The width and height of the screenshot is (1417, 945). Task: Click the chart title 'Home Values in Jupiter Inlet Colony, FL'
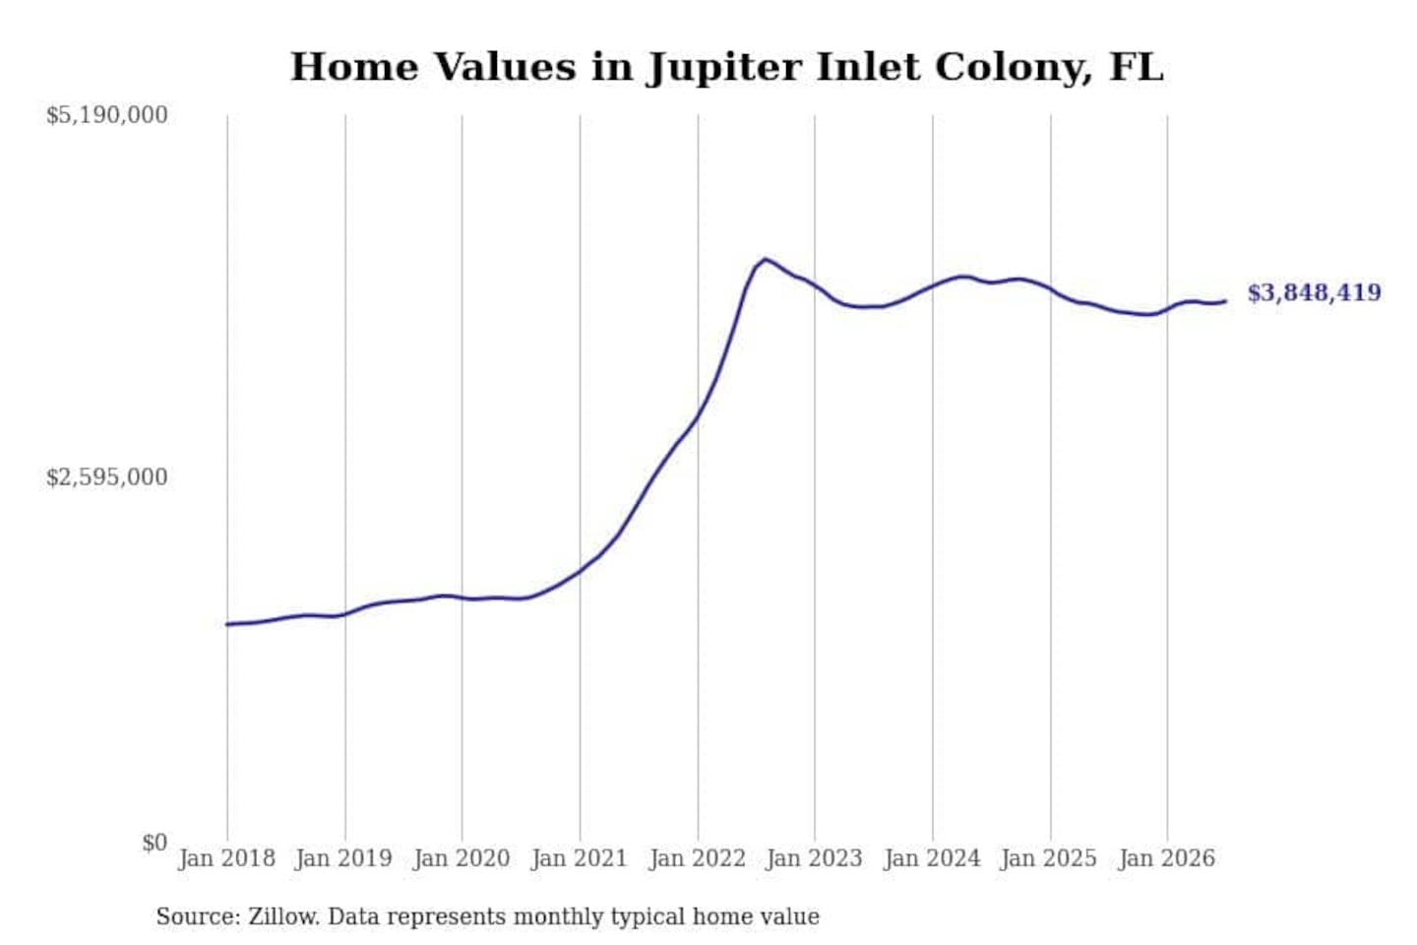pos(726,68)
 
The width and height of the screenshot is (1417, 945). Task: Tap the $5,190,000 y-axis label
pos(107,115)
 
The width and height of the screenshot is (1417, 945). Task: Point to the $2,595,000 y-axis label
pos(107,476)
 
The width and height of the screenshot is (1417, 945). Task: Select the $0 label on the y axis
pos(155,843)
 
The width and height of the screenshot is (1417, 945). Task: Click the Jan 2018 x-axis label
pos(227,858)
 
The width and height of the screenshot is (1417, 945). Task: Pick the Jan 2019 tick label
pos(344,858)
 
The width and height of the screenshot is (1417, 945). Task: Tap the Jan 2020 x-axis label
pos(462,858)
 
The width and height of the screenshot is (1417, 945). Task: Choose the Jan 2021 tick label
pos(580,858)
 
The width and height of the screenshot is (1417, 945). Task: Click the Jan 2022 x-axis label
pos(697,858)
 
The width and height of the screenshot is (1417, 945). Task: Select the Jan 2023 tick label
pos(814,858)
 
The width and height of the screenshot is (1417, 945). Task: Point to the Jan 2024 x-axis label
pos(932,858)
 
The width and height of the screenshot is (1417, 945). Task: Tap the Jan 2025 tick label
pos(1049,858)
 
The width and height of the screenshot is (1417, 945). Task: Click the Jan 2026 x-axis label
pos(1167,858)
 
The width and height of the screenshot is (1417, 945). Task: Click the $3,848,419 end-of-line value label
pos(1315,293)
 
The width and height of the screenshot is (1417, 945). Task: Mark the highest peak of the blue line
pos(766,259)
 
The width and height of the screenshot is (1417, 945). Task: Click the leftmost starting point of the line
pos(227,625)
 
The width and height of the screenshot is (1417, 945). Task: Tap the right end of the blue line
pos(1226,301)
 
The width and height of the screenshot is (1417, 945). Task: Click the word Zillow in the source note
pos(284,916)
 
